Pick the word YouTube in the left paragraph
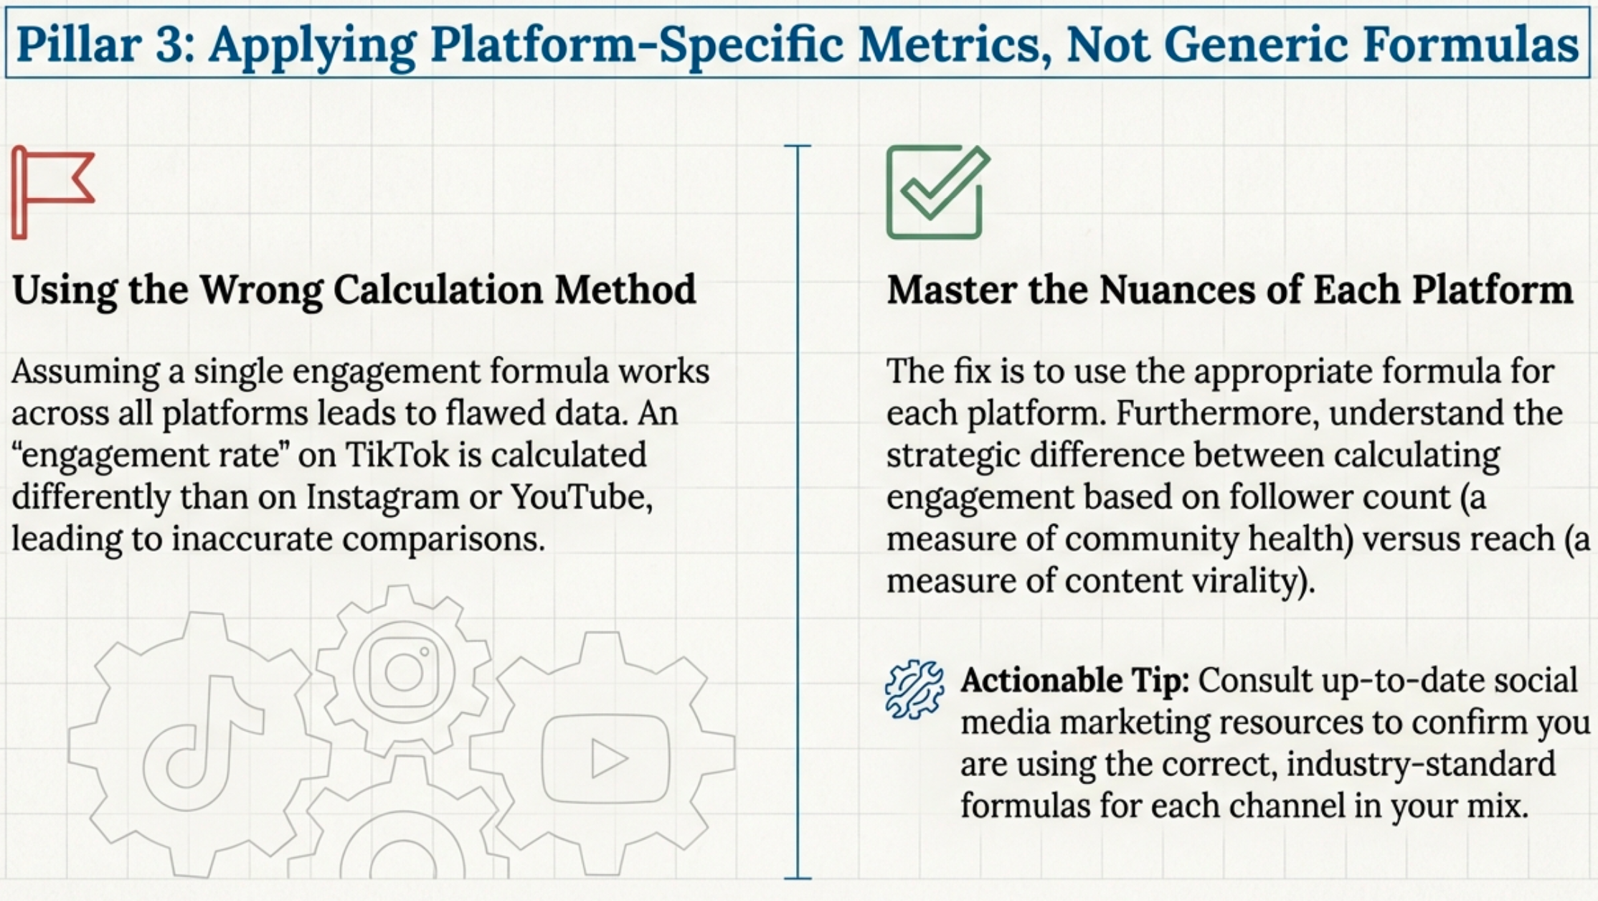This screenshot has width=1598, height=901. [581, 497]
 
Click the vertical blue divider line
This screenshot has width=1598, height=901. [798, 512]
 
